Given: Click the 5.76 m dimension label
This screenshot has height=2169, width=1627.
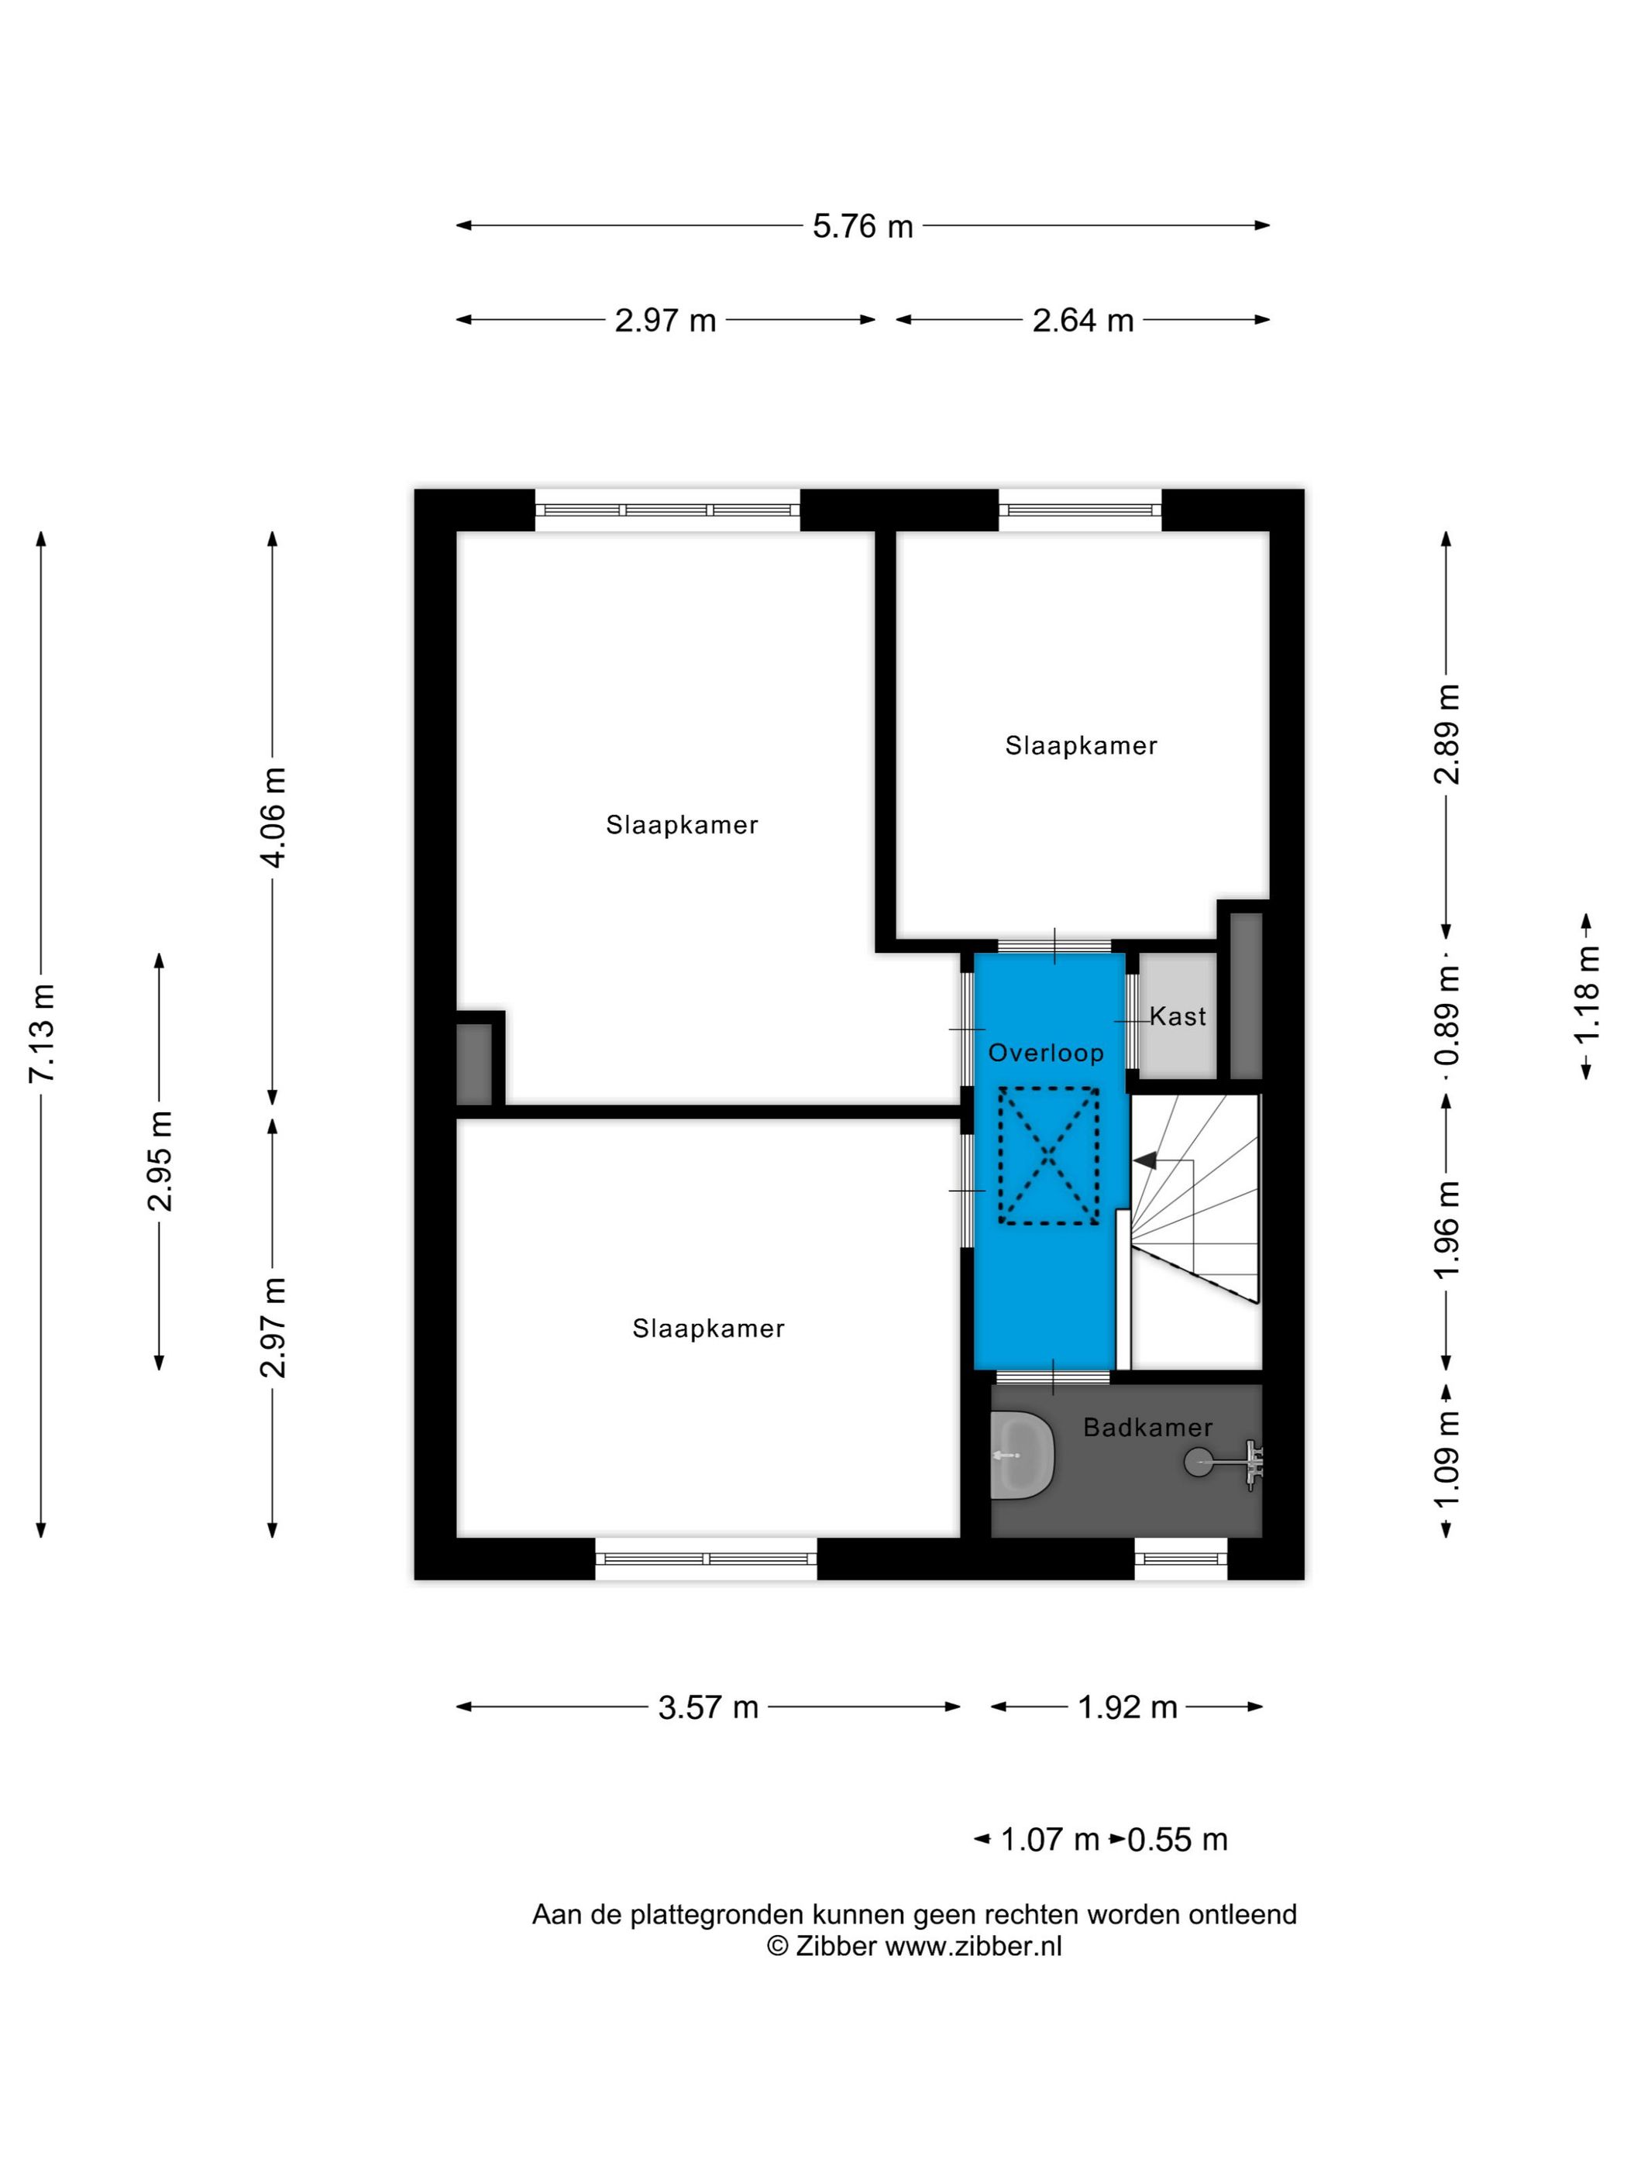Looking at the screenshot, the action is [x=862, y=226].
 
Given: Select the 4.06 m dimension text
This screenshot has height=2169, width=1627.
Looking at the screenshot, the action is [x=274, y=818].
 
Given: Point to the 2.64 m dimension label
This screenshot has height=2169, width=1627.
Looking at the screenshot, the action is [x=1082, y=321].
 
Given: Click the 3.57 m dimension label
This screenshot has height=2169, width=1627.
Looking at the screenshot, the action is [x=708, y=1707].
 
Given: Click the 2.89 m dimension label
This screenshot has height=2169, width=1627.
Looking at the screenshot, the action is [x=1447, y=734].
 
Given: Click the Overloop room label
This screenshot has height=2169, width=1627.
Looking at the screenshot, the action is [x=1045, y=1053].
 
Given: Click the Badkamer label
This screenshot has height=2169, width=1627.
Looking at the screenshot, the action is [x=1147, y=1428].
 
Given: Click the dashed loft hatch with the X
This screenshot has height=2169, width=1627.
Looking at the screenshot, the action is [x=1048, y=1156].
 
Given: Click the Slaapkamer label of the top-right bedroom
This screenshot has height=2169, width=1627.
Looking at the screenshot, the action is [x=1081, y=746].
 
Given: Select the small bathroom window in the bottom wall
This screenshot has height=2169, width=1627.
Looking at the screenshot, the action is [x=1180, y=1558].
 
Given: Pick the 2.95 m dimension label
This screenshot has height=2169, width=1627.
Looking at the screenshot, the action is [x=160, y=1161].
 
